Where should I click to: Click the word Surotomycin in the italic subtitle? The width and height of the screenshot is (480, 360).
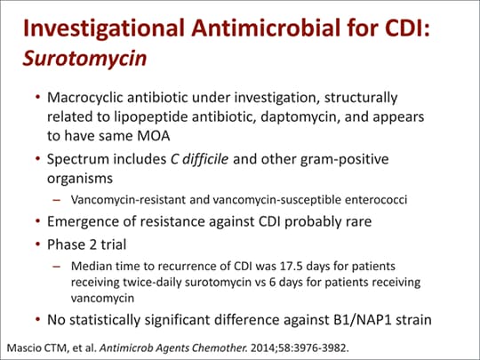pyautogui.click(x=84, y=59)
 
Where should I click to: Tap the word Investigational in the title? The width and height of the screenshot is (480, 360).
pyautogui.click(x=103, y=28)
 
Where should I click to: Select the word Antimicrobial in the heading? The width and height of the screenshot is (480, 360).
pyautogui.click(x=266, y=28)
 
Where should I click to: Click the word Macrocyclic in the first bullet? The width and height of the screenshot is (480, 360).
pyautogui.click(x=85, y=98)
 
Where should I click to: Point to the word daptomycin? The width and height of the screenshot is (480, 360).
pyautogui.click(x=300, y=117)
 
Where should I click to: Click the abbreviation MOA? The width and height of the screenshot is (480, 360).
pyautogui.click(x=154, y=136)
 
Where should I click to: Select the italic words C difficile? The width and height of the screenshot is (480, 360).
pyautogui.click(x=199, y=159)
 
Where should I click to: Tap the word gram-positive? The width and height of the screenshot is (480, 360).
pyautogui.click(x=344, y=159)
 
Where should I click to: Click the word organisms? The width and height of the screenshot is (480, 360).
pyautogui.click(x=80, y=179)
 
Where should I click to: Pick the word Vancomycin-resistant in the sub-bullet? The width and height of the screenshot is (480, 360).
pyautogui.click(x=128, y=200)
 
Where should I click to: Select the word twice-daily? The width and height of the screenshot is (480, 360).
pyautogui.click(x=151, y=283)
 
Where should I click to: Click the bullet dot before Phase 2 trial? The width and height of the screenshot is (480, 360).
pyautogui.click(x=37, y=244)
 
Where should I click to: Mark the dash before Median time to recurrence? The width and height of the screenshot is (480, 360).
pyautogui.click(x=57, y=267)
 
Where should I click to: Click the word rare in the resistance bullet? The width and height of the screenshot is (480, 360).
pyautogui.click(x=359, y=221)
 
